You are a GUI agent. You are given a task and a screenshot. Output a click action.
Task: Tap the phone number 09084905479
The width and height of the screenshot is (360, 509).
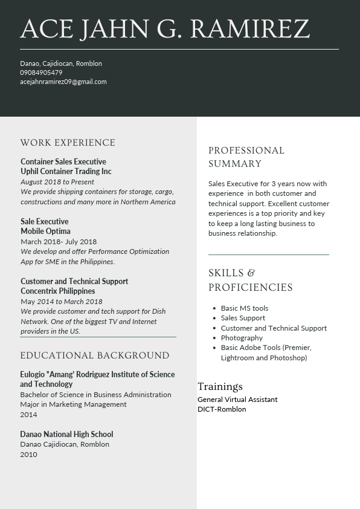41,73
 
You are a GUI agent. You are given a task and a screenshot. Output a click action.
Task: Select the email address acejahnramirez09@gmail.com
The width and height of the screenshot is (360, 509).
63,82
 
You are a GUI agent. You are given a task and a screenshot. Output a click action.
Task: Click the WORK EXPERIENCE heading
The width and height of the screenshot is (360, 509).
68,143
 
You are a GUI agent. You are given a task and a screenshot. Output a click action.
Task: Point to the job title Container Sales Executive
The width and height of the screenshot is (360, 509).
63,161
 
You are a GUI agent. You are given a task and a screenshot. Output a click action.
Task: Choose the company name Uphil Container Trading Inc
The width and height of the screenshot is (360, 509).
66,171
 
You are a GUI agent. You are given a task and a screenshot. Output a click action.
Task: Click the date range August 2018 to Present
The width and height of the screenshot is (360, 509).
57,181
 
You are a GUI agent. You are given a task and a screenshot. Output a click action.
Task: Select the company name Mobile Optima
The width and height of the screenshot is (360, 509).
45,231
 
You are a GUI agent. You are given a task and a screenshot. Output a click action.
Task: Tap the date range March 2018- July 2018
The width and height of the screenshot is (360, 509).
59,242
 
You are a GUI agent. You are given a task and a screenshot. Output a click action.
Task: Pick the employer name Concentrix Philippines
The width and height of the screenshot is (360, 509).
58,291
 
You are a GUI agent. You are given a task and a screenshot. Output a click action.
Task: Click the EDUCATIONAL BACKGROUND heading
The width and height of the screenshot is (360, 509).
95,355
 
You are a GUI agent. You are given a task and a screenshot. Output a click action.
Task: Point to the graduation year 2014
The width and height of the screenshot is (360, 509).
28,415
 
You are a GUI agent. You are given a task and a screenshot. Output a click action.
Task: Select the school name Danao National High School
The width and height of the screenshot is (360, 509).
66,434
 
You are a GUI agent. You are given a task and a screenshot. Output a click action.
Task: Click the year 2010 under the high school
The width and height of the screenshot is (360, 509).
28,455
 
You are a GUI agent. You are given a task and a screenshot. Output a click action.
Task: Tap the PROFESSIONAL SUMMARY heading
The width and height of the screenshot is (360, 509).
246,157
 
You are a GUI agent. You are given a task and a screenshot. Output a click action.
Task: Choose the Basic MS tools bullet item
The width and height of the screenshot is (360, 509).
245,308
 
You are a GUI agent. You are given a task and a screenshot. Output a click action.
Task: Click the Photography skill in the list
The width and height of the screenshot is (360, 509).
242,338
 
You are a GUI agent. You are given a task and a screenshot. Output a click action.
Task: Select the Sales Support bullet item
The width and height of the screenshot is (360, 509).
243,318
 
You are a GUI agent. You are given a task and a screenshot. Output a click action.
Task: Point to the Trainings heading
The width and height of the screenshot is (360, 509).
220,386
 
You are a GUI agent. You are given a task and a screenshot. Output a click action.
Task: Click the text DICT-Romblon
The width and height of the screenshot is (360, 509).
222,409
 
